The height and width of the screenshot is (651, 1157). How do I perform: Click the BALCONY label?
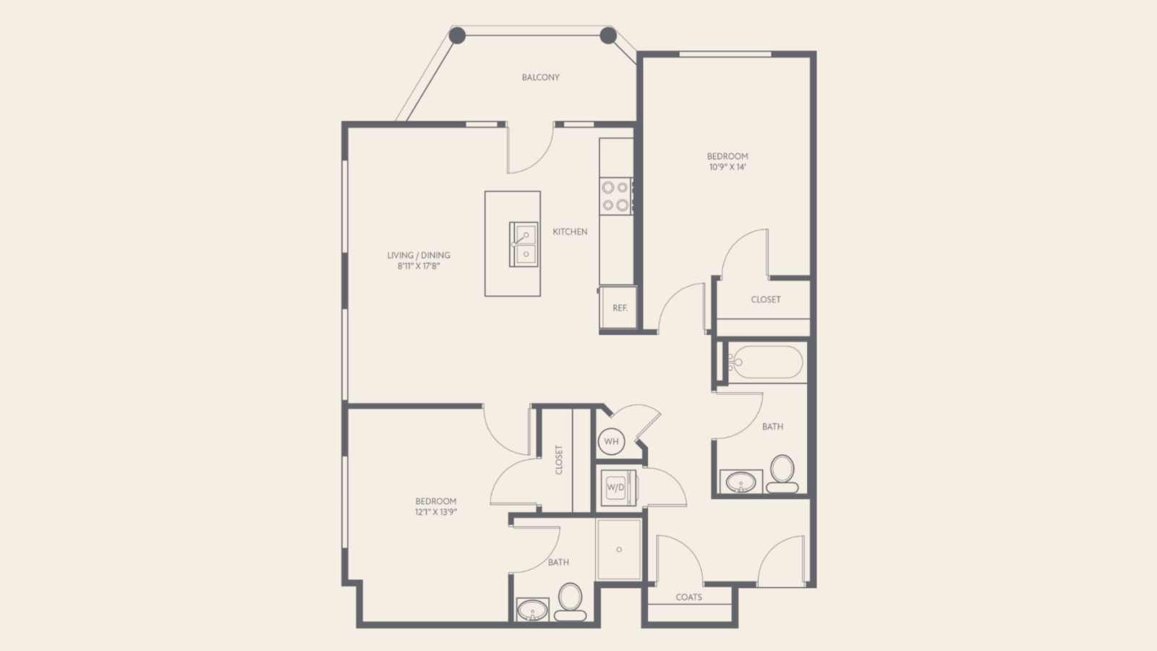(540, 77)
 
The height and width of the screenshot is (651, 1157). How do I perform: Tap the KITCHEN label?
(570, 232)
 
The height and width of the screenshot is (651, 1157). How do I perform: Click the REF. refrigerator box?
(618, 307)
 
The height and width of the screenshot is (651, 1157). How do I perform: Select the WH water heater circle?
(611, 441)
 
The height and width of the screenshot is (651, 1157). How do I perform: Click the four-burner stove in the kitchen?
(615, 196)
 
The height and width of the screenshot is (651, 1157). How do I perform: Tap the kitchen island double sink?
(524, 244)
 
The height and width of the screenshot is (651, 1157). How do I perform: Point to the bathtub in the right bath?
(766, 362)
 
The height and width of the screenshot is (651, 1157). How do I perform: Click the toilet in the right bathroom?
(782, 475)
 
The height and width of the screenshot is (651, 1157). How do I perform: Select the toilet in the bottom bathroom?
(571, 602)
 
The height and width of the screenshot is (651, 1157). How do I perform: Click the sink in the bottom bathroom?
(532, 610)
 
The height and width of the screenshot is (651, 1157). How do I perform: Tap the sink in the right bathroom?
(740, 482)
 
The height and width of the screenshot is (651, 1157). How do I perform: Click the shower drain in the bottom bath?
(619, 550)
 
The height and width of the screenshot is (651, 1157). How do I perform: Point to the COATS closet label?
(688, 597)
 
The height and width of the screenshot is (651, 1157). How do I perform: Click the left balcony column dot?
(457, 35)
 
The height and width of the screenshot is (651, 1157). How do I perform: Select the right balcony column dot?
(608, 35)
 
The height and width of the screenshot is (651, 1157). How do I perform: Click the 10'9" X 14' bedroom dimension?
(727, 167)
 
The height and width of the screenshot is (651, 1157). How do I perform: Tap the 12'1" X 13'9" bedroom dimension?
(436, 512)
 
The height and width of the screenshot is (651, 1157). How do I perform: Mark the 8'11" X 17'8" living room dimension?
(419, 266)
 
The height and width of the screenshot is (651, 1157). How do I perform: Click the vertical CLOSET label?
(558, 460)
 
